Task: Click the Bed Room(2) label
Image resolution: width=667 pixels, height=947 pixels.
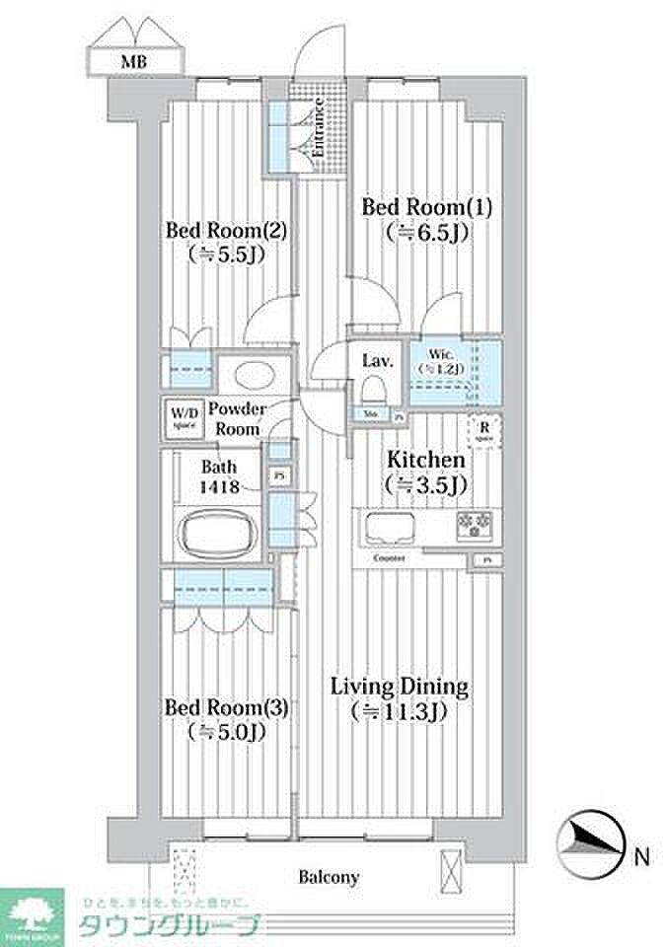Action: click(226, 230)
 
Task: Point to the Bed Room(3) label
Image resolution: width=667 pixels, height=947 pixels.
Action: click(226, 707)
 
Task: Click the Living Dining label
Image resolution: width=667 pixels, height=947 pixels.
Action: click(399, 686)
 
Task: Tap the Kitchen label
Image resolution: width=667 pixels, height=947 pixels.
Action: click(425, 460)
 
